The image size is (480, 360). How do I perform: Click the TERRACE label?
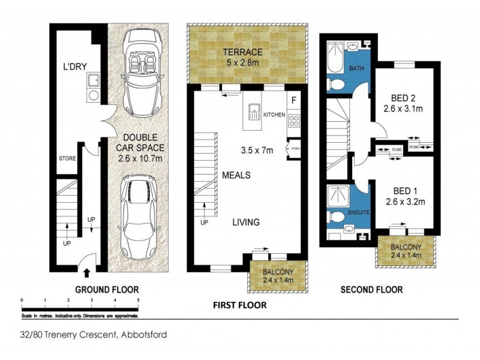tap(247, 51)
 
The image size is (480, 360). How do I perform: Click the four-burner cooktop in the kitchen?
tap(294, 120)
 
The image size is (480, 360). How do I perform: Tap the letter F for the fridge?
tap(293, 100)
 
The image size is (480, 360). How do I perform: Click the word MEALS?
tap(236, 175)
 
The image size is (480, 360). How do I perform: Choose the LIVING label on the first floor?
tap(246, 222)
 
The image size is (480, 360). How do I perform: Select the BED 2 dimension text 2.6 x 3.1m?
tap(404, 110)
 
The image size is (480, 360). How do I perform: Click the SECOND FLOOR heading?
tap(371, 290)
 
